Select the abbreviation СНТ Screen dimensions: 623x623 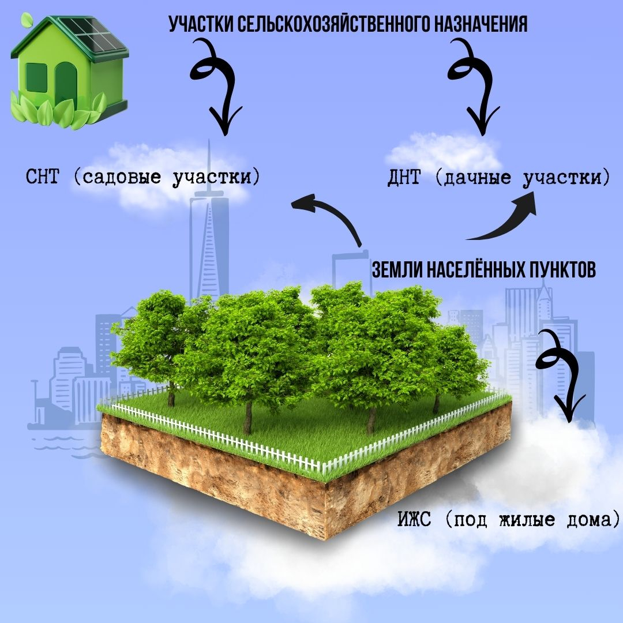coord(42,177)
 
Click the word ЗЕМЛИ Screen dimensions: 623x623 coord(397,269)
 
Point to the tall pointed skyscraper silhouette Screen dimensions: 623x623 coord(209,231)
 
